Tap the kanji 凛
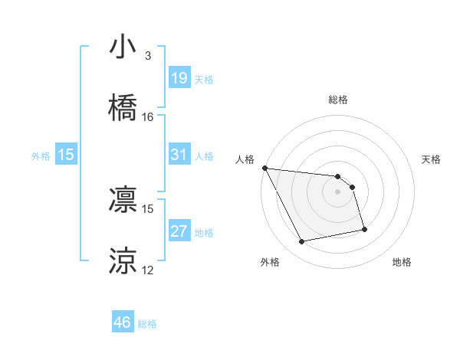point(123,198)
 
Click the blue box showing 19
point(179,78)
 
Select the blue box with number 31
point(179,155)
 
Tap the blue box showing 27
point(179,231)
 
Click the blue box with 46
point(123,322)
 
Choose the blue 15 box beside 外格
point(66,155)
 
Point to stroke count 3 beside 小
point(147,56)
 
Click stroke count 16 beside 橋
point(148,117)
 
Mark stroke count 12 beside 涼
point(148,270)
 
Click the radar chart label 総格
point(338,100)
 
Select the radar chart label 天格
point(431,159)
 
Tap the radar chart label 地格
point(402,262)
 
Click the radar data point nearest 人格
point(264,168)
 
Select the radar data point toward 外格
point(302,242)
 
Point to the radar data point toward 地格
point(364,229)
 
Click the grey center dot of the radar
point(338,191)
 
